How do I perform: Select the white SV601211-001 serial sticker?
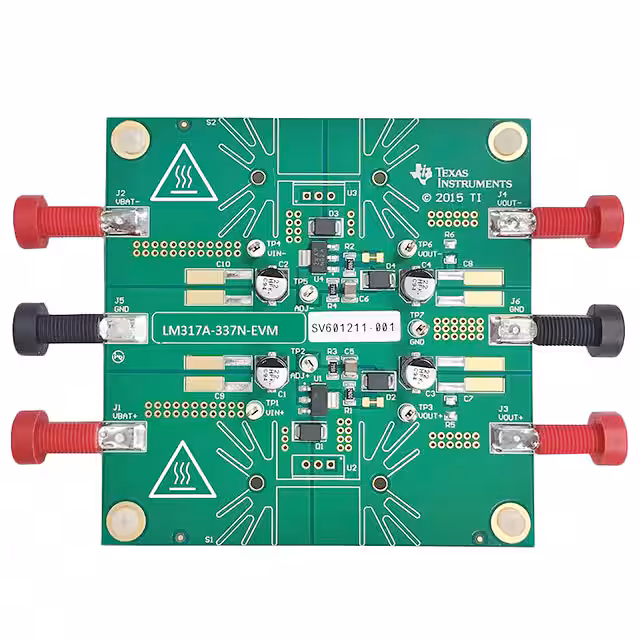point(353,327)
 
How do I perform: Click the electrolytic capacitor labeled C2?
point(270,283)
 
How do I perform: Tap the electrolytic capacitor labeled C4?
point(416,284)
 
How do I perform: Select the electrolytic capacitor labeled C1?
point(271,373)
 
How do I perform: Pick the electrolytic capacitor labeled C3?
point(417,373)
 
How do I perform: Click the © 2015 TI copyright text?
point(455,198)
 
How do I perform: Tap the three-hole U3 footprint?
point(317,196)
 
